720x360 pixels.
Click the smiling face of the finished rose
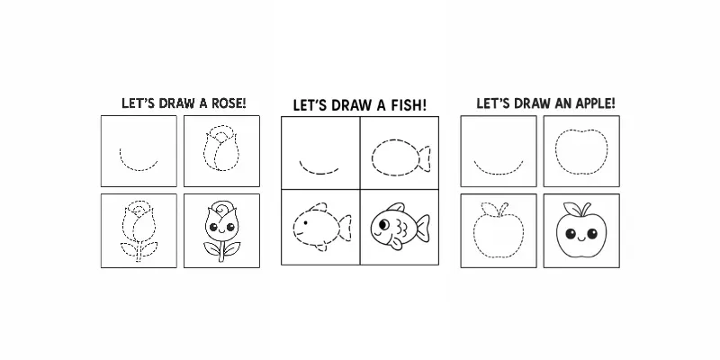[x=219, y=227]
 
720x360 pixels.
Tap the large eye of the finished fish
[x=386, y=221]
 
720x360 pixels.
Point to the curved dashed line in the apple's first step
[x=497, y=168]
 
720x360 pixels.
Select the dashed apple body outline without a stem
[x=580, y=150]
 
